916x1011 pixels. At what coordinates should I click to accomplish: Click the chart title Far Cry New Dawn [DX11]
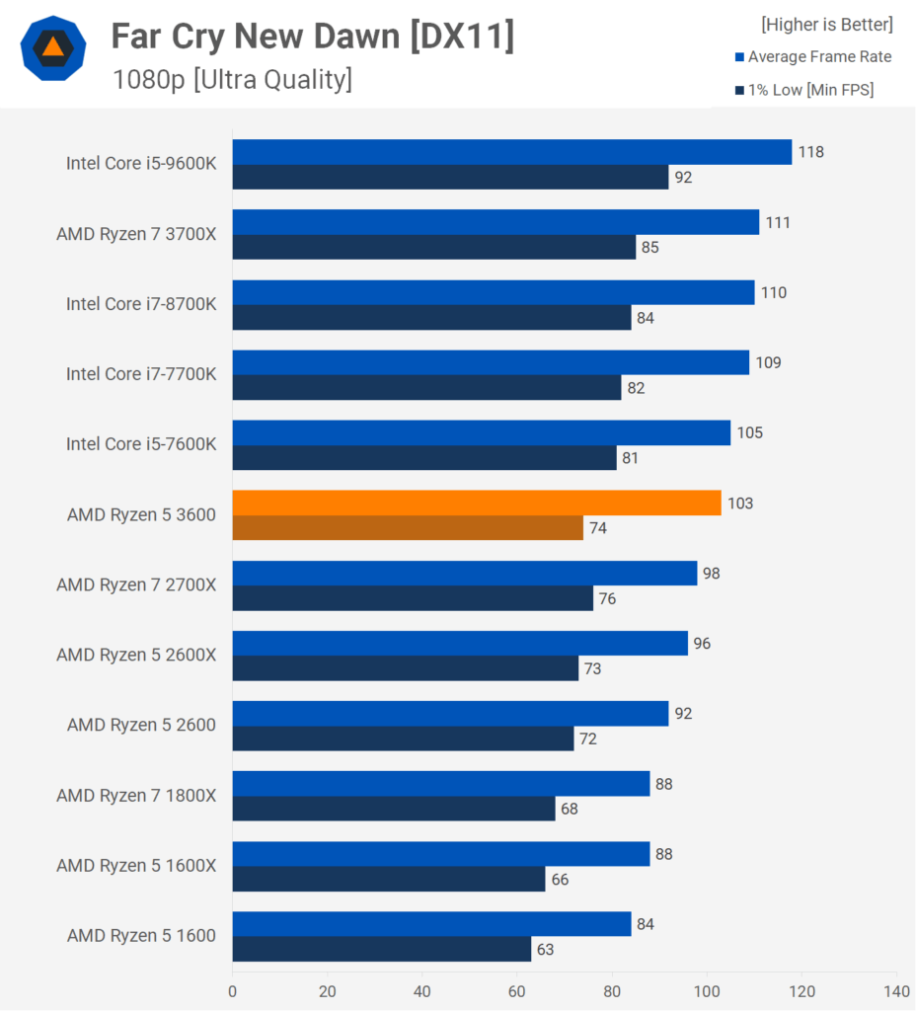(x=312, y=37)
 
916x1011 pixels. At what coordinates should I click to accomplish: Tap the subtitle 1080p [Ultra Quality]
(x=232, y=79)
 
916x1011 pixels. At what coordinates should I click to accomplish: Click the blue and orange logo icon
(x=53, y=48)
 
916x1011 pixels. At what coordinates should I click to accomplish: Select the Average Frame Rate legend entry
(x=812, y=57)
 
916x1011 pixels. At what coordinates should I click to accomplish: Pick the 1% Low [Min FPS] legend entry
(x=803, y=91)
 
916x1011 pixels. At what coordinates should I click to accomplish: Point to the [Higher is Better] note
(x=826, y=24)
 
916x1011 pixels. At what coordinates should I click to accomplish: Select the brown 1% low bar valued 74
(x=408, y=528)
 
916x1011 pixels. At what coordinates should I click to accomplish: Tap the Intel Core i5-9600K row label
(x=141, y=163)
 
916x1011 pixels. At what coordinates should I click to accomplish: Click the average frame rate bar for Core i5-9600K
(x=512, y=152)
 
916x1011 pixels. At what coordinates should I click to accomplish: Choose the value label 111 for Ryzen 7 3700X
(x=778, y=222)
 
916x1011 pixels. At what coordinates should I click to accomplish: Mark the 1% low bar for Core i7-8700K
(x=431, y=318)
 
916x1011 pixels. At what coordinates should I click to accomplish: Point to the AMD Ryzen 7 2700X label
(x=136, y=584)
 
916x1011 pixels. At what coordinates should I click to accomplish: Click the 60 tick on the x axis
(x=517, y=990)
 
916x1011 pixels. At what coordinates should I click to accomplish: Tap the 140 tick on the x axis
(x=896, y=990)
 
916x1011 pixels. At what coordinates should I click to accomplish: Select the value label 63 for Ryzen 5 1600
(x=545, y=950)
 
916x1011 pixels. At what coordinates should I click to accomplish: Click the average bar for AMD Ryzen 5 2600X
(x=460, y=643)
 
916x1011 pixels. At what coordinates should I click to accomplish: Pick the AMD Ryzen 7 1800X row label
(x=136, y=795)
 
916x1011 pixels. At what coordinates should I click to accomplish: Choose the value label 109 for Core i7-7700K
(x=768, y=362)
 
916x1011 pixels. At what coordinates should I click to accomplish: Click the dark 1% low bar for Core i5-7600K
(x=424, y=458)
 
